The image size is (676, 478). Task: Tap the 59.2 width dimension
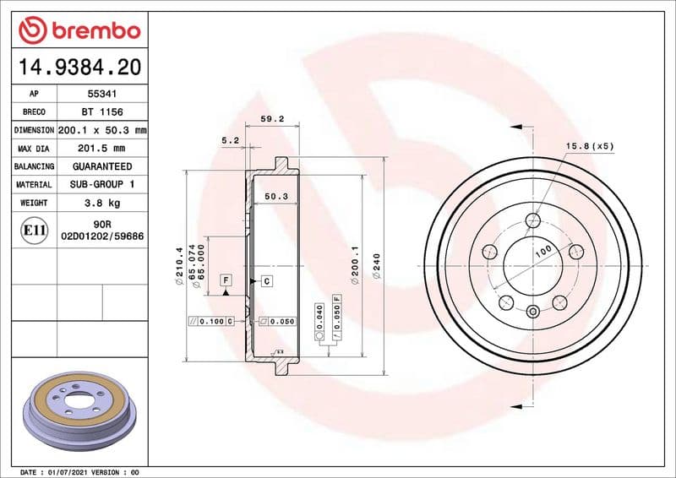[x=271, y=119]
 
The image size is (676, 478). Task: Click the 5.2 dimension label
[x=230, y=140]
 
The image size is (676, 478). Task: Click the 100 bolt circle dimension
[x=542, y=251]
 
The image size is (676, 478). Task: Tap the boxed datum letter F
[x=226, y=280]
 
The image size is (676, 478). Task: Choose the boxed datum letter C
[x=266, y=280]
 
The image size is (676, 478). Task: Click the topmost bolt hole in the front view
[x=532, y=222]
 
